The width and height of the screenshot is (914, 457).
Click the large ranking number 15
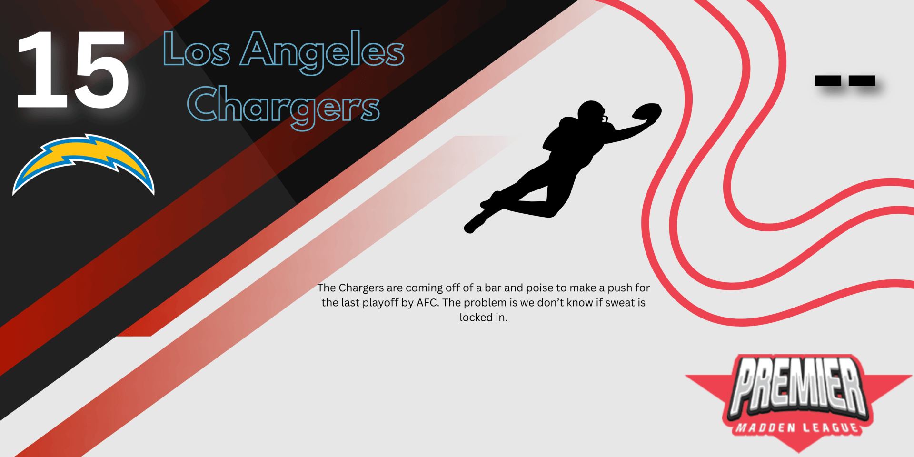(72, 70)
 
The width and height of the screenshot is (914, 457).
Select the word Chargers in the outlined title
(284, 108)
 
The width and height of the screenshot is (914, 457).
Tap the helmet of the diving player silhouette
(592, 113)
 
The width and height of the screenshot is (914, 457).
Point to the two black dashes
(845, 80)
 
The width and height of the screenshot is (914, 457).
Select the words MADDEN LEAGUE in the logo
(798, 428)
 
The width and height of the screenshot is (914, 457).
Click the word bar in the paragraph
(493, 288)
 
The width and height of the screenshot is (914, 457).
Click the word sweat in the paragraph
(620, 303)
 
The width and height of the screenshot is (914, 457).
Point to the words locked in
(483, 318)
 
